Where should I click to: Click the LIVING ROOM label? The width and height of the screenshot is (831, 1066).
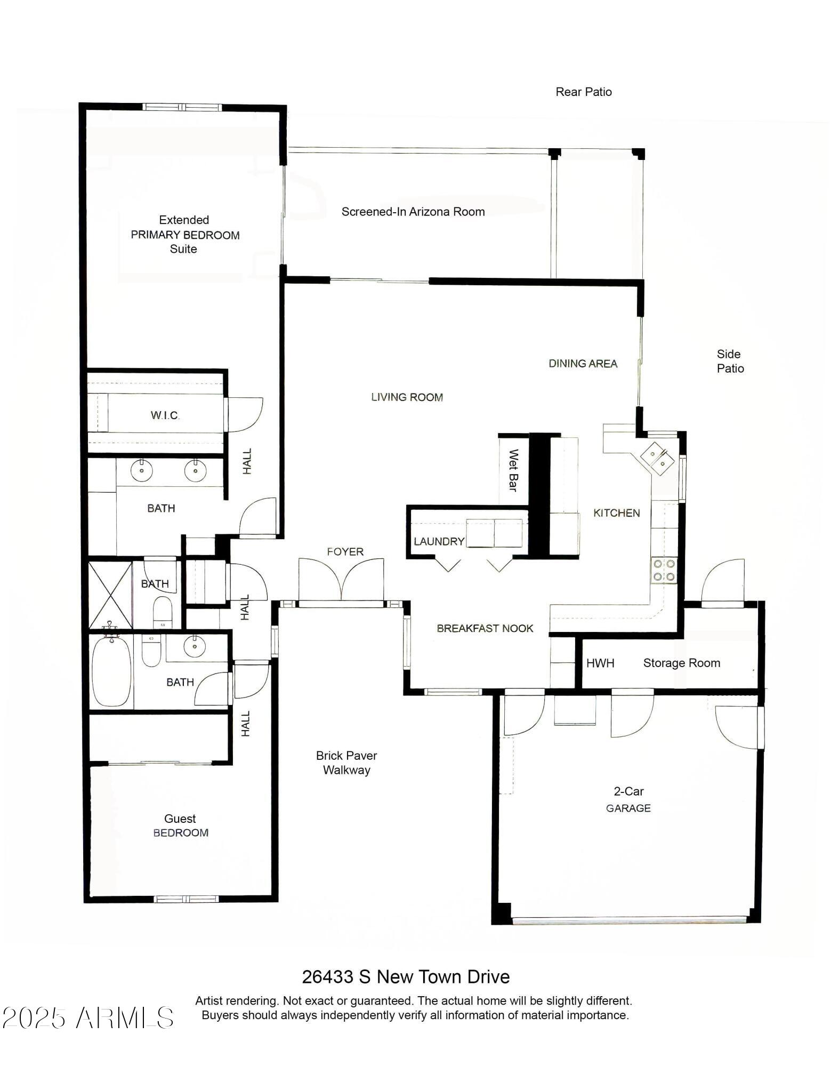(x=407, y=397)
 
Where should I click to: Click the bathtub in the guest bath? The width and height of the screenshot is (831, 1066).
(x=111, y=671)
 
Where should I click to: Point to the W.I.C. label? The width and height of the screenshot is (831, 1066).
(x=165, y=415)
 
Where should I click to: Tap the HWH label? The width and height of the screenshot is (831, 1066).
(x=600, y=663)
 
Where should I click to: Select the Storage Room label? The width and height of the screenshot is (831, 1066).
(x=681, y=663)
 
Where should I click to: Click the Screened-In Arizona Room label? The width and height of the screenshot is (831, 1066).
(x=413, y=212)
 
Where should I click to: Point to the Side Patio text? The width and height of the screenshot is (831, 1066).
(x=730, y=361)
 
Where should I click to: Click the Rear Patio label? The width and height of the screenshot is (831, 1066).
(x=583, y=92)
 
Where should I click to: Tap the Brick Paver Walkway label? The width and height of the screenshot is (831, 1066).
(x=346, y=763)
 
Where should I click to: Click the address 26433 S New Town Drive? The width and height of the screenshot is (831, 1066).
(x=406, y=976)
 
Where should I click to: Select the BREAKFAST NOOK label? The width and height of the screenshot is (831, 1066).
(x=485, y=628)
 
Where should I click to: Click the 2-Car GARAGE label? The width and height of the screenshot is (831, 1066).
(x=628, y=799)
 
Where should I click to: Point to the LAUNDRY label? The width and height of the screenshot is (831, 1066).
(x=439, y=542)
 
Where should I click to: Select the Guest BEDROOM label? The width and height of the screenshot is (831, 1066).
(x=180, y=825)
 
